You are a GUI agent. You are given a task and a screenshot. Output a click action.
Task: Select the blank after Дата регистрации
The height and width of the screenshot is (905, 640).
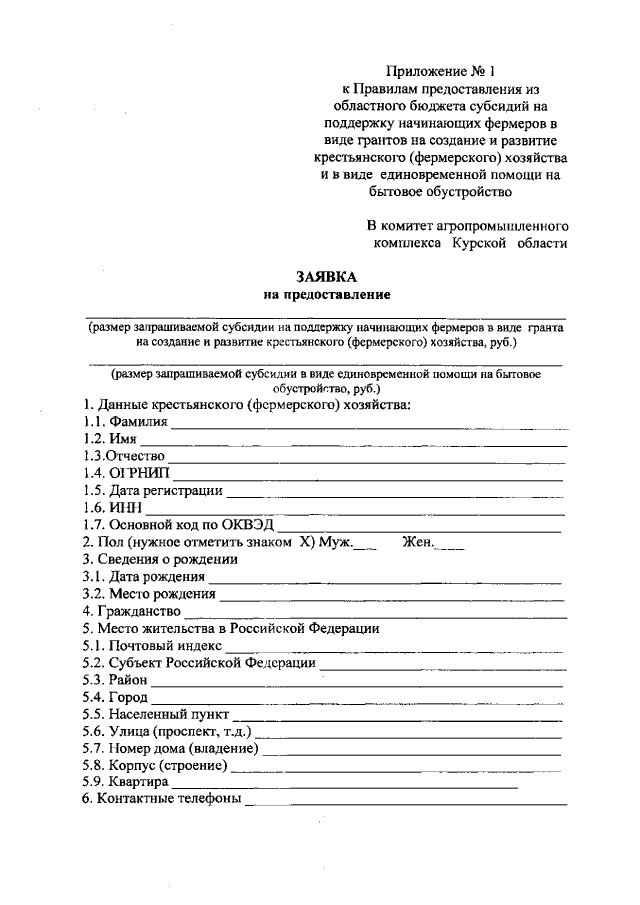[395, 493]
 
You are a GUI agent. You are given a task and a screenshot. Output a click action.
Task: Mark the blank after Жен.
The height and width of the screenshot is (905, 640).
[451, 545]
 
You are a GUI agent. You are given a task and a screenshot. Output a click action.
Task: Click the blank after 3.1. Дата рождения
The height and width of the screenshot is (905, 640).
[385, 579]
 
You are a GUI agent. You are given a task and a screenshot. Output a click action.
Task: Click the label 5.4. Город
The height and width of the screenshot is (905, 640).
[115, 697]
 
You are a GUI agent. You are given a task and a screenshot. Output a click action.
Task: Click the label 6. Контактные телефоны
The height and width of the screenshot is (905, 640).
[161, 799]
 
